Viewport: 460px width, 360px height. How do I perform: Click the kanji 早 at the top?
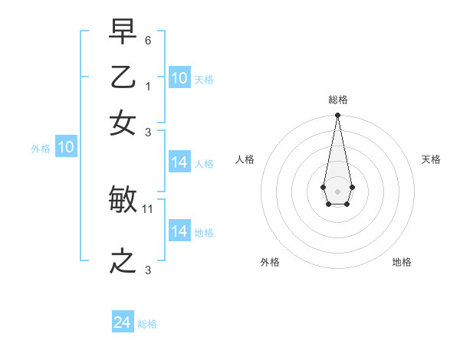pos(123,33)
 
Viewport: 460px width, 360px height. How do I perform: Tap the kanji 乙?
pos(123,78)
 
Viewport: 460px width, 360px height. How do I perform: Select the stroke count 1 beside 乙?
pos(148,86)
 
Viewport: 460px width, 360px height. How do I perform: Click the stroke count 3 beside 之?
pos(148,270)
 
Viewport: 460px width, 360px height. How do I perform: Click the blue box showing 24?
pos(123,322)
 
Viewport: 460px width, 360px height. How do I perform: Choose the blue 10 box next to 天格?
pos(179,78)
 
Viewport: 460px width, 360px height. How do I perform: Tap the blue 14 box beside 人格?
pos(179,162)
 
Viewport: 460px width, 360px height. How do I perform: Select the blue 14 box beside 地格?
pos(179,231)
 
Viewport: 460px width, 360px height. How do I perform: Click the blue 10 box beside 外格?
pos(66,147)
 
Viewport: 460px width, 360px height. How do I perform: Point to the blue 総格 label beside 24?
pos(147,324)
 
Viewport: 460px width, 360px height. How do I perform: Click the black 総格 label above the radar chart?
pos(337,100)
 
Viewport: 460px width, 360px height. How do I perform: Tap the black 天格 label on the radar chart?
pos(432,159)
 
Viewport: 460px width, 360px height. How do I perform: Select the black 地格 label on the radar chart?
pos(402,262)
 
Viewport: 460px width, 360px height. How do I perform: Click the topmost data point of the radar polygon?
pos(337,116)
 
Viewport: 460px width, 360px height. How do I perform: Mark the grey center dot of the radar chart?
pos(337,191)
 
